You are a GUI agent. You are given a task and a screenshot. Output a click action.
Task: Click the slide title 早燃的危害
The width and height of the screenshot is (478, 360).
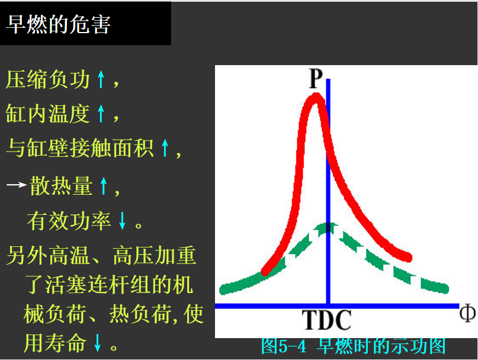click(x=58, y=24)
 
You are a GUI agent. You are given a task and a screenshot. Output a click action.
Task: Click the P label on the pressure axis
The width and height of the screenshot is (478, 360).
click(x=316, y=78)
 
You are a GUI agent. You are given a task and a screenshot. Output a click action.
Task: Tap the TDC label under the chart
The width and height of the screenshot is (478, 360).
click(x=326, y=320)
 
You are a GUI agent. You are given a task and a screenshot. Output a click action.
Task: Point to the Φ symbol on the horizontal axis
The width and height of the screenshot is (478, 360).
click(x=467, y=313)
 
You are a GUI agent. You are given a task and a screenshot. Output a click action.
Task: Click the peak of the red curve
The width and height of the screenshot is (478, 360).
click(x=316, y=97)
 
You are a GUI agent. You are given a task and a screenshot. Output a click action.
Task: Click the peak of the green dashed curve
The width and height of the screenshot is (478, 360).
click(x=327, y=227)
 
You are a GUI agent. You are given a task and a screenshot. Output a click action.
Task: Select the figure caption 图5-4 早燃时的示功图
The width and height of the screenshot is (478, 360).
click(x=354, y=346)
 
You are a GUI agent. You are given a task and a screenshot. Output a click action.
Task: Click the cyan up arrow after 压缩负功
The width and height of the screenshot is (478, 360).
click(x=101, y=79)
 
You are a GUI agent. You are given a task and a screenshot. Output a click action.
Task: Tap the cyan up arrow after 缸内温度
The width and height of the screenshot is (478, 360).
click(x=101, y=114)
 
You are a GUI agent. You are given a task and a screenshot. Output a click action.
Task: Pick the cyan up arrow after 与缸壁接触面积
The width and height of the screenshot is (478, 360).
click(x=165, y=148)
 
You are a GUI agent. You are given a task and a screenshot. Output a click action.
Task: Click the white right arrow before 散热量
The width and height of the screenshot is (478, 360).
click(x=17, y=185)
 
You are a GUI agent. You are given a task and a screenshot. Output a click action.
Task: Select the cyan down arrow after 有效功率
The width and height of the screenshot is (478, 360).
click(x=122, y=220)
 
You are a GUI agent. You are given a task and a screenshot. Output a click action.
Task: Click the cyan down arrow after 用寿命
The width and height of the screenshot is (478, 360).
click(x=98, y=342)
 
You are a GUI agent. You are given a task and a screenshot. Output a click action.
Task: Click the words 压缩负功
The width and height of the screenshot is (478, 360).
click(x=48, y=79)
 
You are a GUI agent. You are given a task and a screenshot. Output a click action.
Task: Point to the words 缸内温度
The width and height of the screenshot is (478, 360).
click(x=48, y=114)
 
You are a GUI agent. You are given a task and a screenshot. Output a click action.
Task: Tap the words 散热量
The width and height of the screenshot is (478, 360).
click(x=61, y=186)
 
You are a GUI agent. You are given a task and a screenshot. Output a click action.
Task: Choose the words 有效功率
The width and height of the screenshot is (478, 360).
click(x=69, y=221)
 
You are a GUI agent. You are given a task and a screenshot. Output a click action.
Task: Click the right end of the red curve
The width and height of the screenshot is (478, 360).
click(x=408, y=258)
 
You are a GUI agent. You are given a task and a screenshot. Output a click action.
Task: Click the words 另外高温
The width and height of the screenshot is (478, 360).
click(x=48, y=255)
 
